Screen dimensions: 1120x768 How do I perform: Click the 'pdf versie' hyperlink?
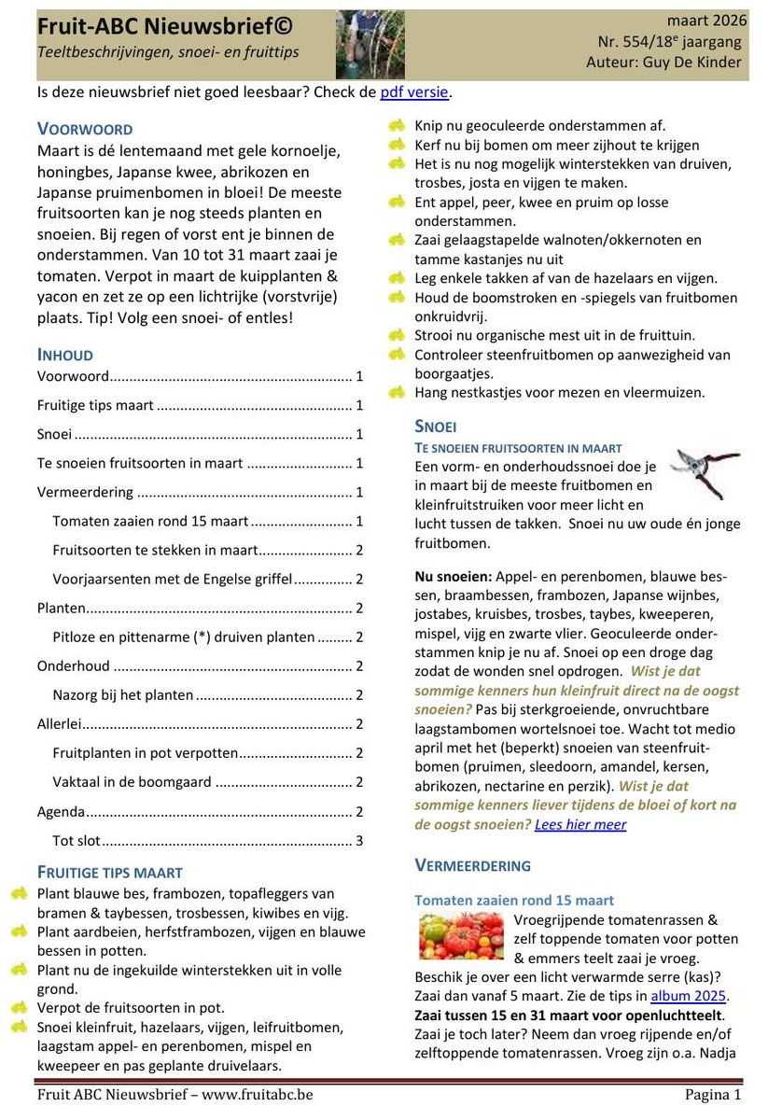[414, 91]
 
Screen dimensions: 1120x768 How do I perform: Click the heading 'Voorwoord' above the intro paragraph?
[85, 129]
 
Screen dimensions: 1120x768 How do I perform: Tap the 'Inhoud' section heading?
[64, 355]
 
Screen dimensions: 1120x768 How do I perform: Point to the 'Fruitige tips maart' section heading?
[109, 873]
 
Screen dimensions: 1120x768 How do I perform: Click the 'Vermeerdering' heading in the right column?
[472, 865]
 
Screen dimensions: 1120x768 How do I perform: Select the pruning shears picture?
[705, 472]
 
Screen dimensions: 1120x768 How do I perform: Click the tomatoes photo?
[461, 937]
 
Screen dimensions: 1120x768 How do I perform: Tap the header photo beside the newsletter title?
[370, 44]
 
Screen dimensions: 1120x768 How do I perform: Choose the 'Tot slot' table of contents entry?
[77, 840]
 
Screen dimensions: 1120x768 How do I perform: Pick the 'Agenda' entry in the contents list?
[62, 811]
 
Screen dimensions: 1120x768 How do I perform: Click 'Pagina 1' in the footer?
[710, 1094]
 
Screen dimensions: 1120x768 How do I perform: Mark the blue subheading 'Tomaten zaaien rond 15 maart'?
[514, 900]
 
